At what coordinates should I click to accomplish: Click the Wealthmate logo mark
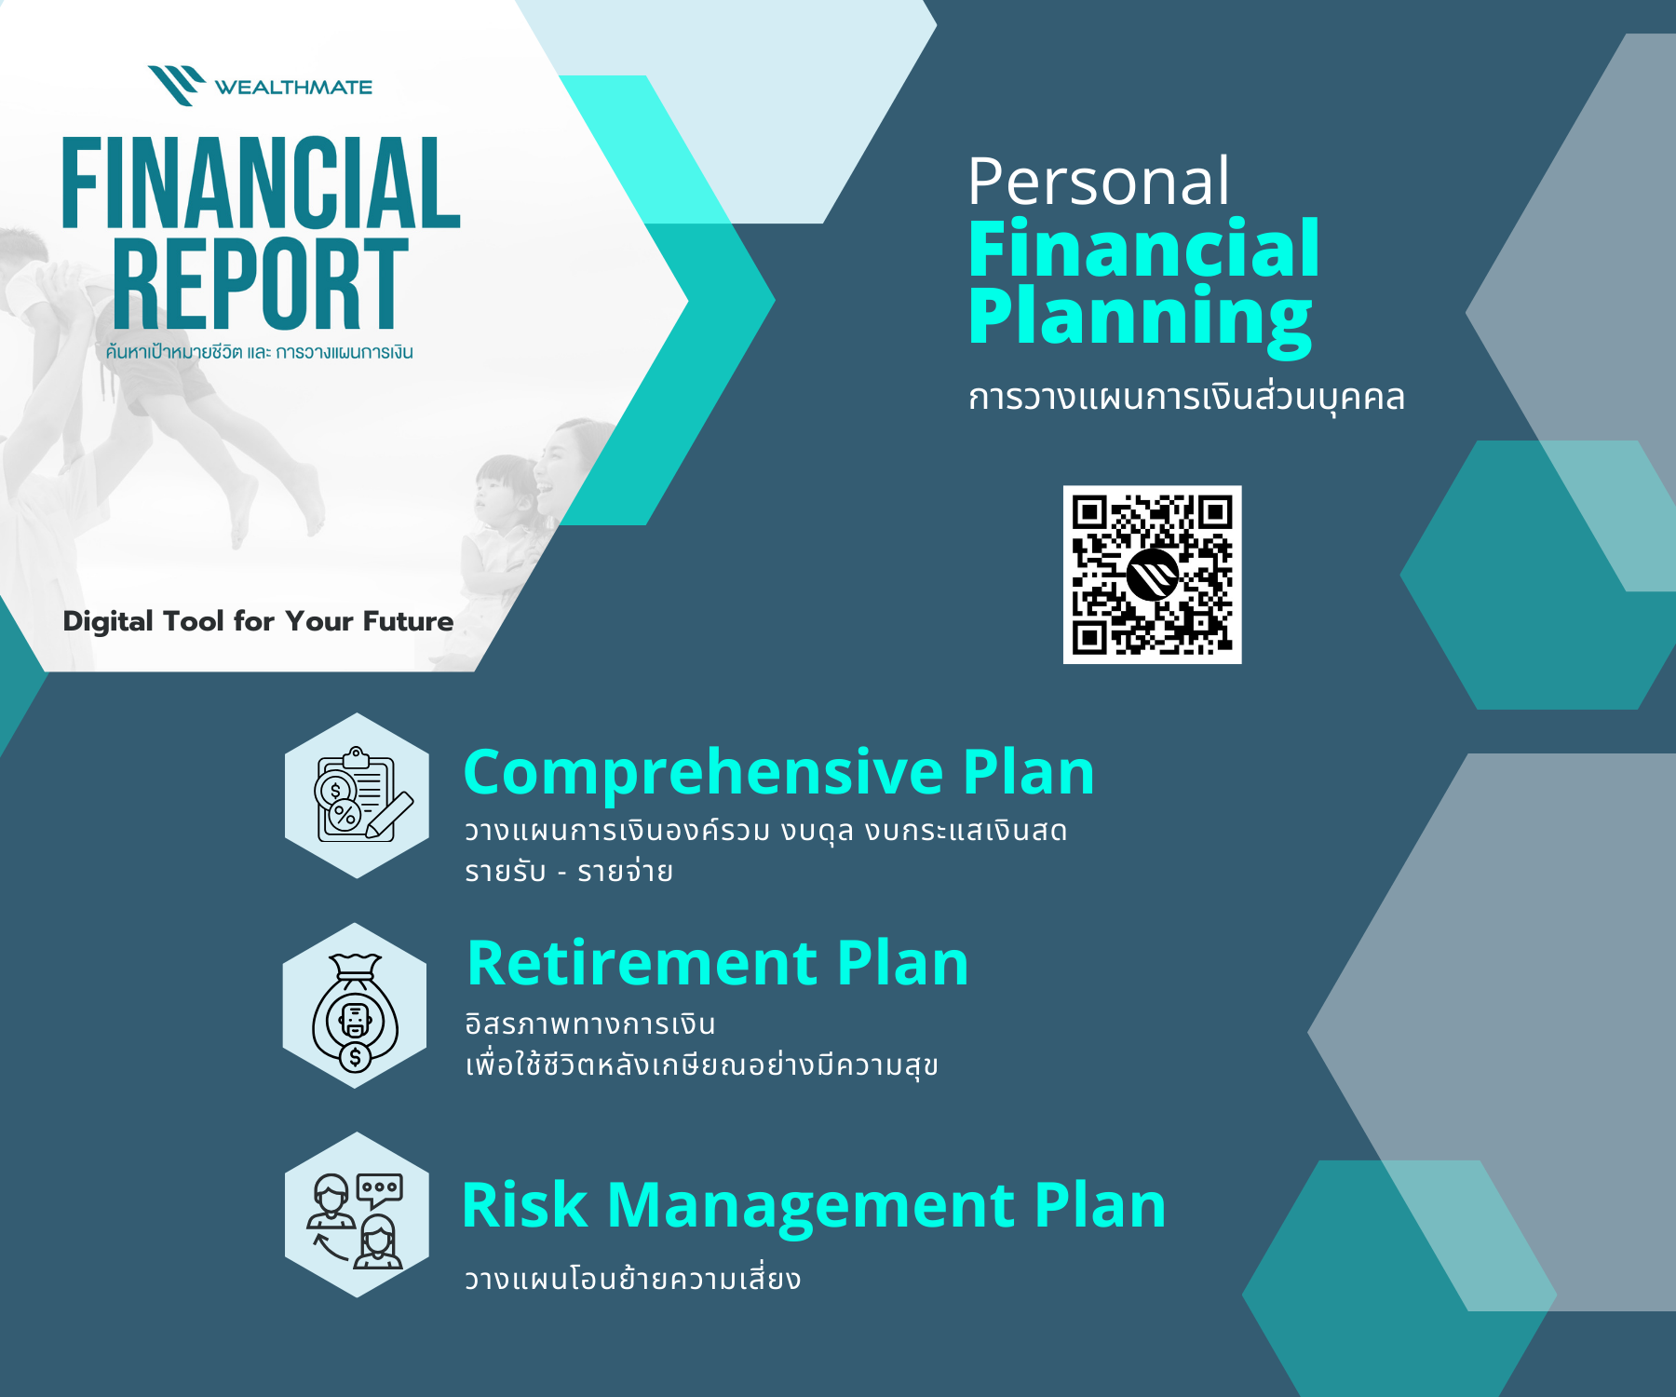coord(177,86)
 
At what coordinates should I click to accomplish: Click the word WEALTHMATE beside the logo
coord(293,88)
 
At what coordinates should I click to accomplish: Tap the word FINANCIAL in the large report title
coord(261,183)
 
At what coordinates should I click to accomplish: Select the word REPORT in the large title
coord(261,283)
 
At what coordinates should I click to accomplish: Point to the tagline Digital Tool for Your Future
coord(258,621)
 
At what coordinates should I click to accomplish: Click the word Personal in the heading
coord(1099,182)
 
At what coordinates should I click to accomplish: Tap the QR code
coord(1153,575)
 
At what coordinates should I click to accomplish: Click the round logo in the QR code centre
coord(1153,575)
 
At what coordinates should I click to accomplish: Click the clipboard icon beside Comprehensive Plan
coord(361,795)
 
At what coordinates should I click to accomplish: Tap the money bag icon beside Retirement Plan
coord(356,1012)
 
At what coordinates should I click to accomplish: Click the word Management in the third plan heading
coord(810,1205)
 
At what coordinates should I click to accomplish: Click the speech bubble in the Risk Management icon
coord(380,1190)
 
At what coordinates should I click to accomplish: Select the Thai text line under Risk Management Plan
coord(633,1278)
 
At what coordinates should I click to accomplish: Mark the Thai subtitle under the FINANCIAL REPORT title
coord(259,352)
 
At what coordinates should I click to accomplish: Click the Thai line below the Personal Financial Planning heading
coord(1186,397)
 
